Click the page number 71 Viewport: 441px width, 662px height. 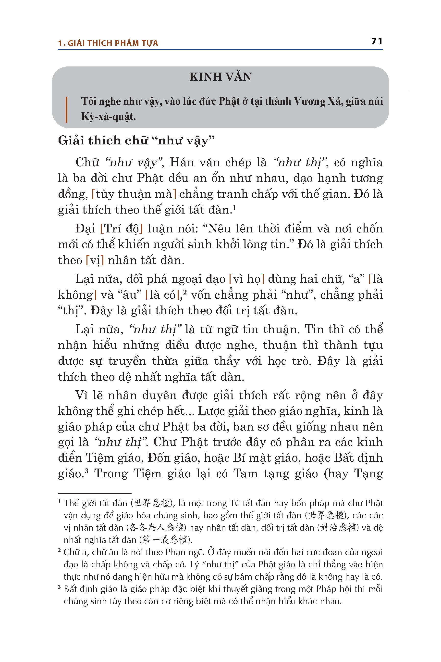pos(377,41)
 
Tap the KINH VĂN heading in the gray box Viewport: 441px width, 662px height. pos(220,77)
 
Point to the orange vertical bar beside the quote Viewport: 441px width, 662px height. pos(66,110)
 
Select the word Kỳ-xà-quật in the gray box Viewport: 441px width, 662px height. pos(108,116)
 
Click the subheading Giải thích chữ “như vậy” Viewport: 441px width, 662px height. pos(136,140)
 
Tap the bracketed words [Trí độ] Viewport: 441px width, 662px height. pos(122,228)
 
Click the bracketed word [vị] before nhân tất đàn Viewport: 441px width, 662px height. pos(95,260)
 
